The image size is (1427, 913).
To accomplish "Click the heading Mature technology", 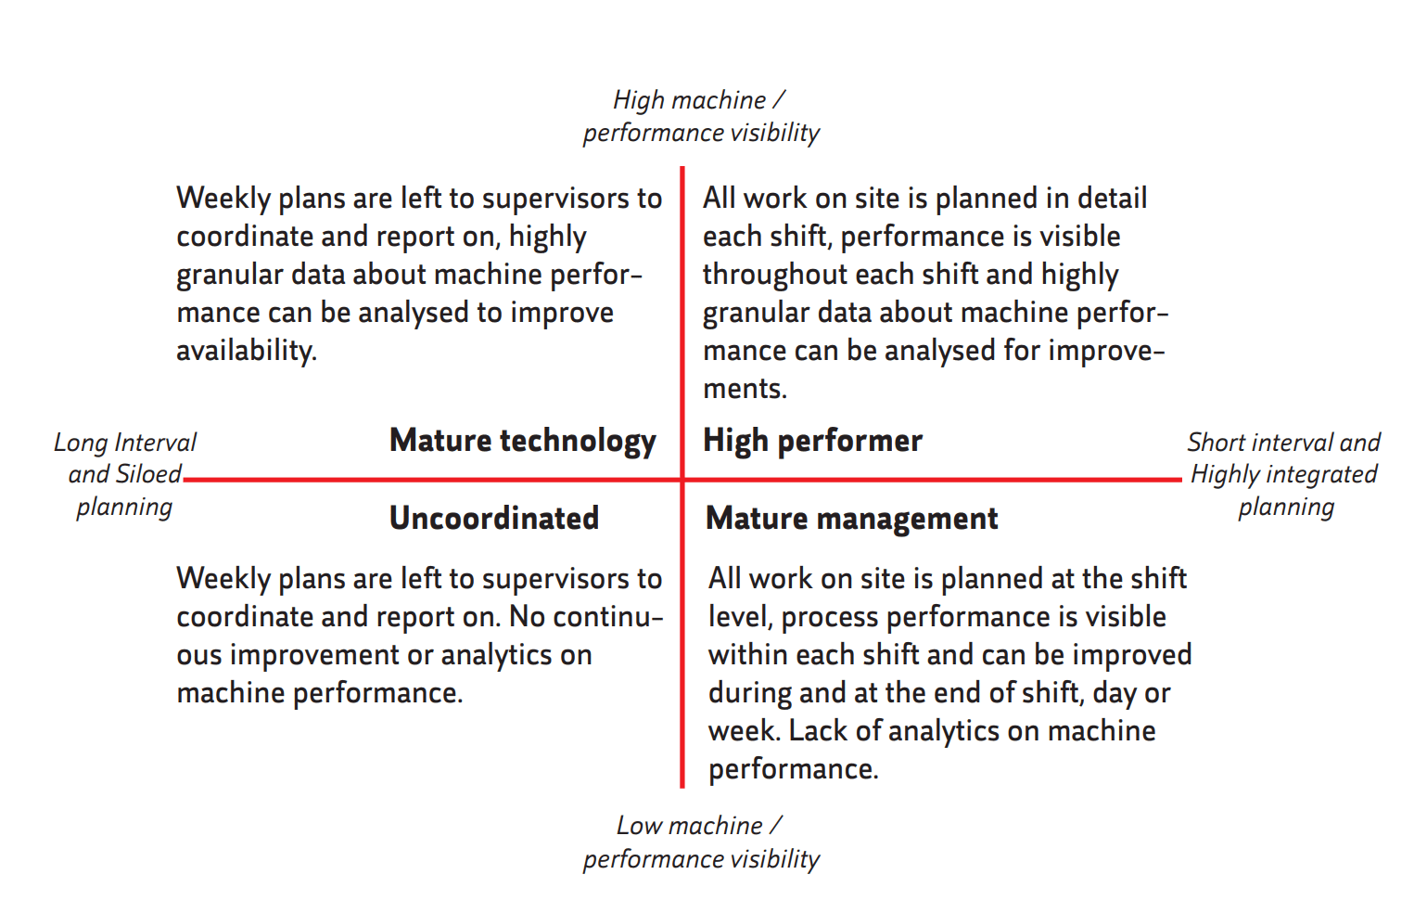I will [522, 441].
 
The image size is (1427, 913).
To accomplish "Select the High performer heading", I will [812, 441].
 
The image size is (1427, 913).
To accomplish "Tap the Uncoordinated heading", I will [493, 518].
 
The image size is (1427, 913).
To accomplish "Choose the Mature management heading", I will [851, 518].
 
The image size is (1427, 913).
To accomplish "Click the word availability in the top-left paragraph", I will [246, 351].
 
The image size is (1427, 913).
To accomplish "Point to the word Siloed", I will [149, 474].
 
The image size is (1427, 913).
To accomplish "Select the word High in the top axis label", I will [638, 100].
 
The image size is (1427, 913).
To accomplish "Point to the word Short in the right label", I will [1214, 443].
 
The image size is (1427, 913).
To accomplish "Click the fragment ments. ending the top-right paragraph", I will [745, 389].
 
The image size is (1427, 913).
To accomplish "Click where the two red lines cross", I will [682, 480].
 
